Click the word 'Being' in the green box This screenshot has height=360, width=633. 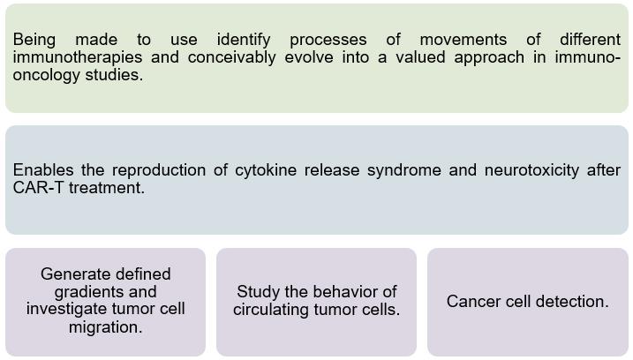point(34,40)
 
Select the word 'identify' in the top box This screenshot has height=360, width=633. point(245,40)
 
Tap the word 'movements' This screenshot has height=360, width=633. point(463,40)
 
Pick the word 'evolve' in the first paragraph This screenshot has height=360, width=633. point(313,58)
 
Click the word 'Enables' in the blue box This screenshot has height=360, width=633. point(41,170)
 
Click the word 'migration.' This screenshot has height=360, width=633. point(106,326)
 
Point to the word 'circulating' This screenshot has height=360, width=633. point(275,310)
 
